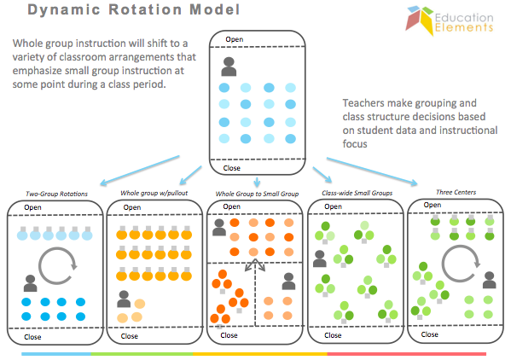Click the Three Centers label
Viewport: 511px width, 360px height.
pos(448,193)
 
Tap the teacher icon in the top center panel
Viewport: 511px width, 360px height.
pos(229,66)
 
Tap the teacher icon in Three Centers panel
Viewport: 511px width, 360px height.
pos(489,282)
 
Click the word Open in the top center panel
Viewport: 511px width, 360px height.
pos(234,39)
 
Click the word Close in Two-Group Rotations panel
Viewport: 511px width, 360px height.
pos(31,336)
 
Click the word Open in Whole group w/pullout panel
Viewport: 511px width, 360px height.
pos(132,207)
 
